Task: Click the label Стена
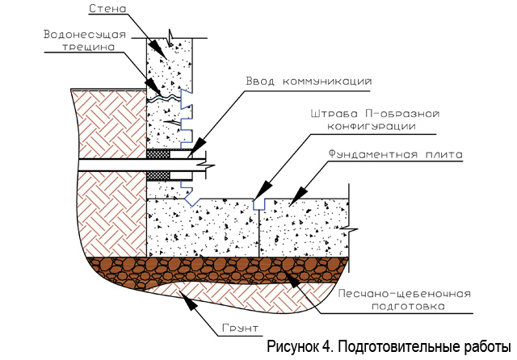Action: coord(107,9)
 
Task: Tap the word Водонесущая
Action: coord(85,35)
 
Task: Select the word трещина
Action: coord(89,47)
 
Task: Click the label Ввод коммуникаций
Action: coord(309,82)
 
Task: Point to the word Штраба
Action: coord(334,114)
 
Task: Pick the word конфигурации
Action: coord(372,127)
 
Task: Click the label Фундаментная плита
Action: coord(396,154)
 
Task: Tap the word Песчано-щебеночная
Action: coord(405,294)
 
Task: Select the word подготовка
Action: coord(408,306)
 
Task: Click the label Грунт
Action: coord(241,329)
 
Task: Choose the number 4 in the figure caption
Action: coord(325,347)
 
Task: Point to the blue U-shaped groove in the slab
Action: coord(258,204)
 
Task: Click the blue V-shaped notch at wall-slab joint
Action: coord(191,201)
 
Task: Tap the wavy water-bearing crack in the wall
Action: coord(164,97)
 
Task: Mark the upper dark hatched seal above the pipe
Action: coord(158,154)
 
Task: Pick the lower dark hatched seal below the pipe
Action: coord(158,175)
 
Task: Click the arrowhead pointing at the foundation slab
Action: coord(297,197)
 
